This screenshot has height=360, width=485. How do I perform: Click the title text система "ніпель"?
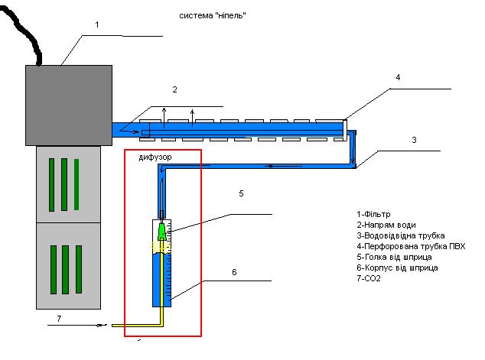click(213, 15)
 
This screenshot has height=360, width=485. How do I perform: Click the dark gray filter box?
click(69, 104)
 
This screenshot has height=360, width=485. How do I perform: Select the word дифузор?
click(155, 158)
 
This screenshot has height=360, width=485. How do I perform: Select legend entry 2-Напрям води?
click(386, 225)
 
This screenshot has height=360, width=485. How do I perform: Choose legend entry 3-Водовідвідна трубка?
click(400, 235)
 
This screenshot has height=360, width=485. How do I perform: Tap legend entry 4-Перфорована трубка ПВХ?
click(410, 246)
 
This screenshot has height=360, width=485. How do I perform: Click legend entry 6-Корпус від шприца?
click(397, 268)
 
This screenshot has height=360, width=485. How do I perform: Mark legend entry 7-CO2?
click(369, 278)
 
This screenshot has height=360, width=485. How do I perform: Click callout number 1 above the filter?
click(96, 25)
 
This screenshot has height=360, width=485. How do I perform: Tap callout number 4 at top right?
click(398, 78)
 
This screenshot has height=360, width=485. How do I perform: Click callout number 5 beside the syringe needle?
click(241, 194)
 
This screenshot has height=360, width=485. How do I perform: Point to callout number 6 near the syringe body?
click(234, 271)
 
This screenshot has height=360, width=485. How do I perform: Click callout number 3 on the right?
click(414, 141)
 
